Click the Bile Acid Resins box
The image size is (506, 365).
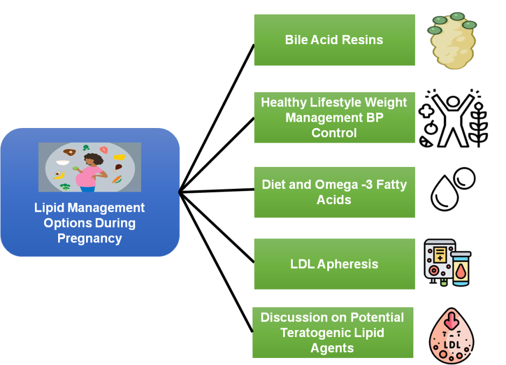click(334, 40)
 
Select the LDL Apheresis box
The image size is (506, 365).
click(334, 264)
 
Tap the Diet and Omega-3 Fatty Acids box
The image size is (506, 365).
click(334, 192)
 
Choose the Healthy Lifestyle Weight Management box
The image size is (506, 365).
click(334, 117)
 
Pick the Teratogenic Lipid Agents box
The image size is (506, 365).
click(333, 333)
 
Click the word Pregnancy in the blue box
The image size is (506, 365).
click(90, 238)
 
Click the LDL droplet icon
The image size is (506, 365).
click(452, 335)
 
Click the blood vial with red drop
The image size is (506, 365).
click(461, 269)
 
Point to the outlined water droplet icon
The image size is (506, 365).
click(445, 193)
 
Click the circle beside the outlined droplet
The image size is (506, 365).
click(465, 178)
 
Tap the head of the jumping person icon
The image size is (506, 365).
click(453, 102)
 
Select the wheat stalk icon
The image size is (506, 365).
click(479, 124)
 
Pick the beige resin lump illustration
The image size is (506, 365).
click(452, 41)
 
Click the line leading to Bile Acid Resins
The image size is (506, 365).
click(216, 119)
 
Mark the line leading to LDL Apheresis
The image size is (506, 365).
click(216, 227)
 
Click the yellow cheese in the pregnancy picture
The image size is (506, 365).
click(120, 157)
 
